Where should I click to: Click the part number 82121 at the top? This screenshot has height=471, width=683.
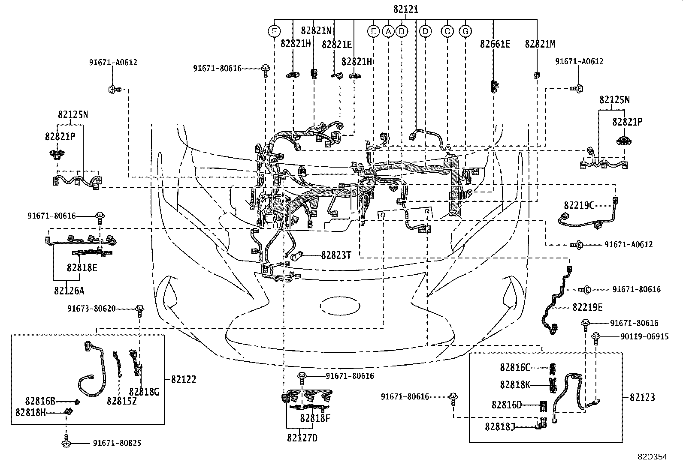(405, 9)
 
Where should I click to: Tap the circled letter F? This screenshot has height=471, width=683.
(274, 31)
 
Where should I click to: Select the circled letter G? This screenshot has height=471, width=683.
(465, 31)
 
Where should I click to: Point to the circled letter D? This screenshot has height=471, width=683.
(425, 31)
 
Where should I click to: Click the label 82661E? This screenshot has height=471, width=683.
(495, 44)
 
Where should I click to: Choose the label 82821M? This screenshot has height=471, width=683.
(540, 44)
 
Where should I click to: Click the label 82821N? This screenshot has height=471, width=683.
(316, 30)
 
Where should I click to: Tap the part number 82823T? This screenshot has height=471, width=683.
(336, 255)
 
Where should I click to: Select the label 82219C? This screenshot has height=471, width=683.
(579, 206)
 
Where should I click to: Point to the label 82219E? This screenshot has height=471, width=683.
(588, 307)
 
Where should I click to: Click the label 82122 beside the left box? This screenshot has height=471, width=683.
(184, 380)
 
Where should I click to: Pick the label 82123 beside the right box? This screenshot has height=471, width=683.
(642, 398)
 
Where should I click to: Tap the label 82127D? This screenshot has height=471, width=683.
(302, 438)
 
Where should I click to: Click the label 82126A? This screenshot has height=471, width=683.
(69, 291)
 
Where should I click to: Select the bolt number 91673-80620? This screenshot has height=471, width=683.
(91, 309)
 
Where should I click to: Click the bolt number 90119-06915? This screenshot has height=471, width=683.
(644, 337)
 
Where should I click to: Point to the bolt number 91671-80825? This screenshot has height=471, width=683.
(117, 443)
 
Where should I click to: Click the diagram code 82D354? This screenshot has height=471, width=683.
(652, 457)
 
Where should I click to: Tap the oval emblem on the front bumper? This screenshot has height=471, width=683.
(340, 306)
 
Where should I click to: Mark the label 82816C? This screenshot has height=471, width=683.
(515, 368)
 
